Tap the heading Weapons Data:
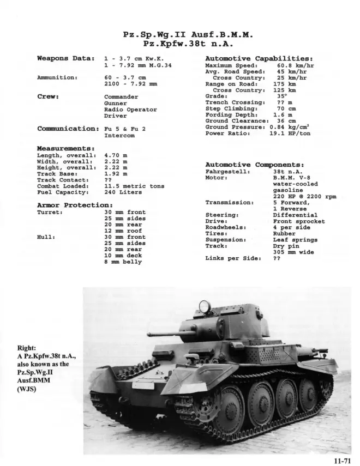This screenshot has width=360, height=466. point(65,58)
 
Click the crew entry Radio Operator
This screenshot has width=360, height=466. point(130,109)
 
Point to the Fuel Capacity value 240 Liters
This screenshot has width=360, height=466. point(123,192)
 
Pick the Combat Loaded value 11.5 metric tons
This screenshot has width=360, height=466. point(134,186)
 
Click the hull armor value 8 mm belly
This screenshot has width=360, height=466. point(123,262)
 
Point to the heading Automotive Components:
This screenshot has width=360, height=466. point(254,164)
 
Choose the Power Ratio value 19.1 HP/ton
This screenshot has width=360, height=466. point(290,133)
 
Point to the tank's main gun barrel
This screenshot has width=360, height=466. point(164,333)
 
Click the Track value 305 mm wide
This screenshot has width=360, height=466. point(293,252)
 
